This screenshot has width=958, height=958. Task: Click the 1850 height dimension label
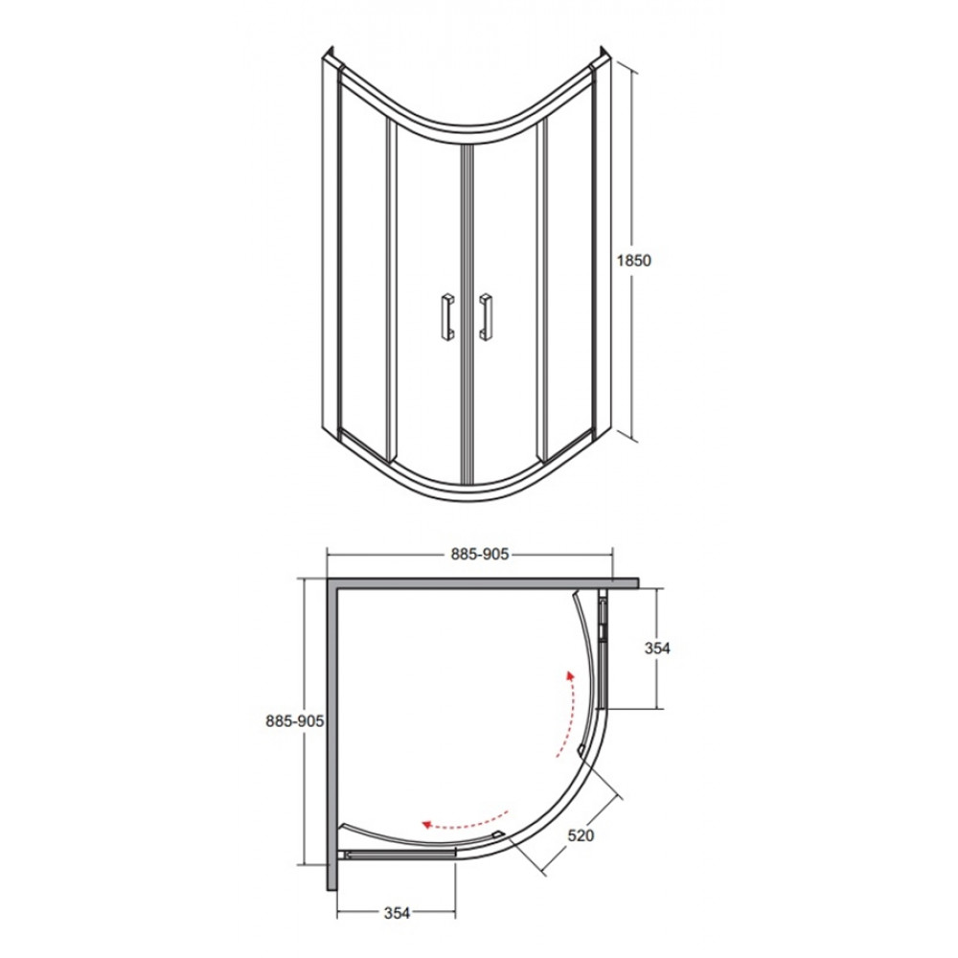[x=633, y=261]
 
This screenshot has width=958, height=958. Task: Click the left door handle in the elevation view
[x=446, y=314]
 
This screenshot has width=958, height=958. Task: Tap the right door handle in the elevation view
[x=486, y=315]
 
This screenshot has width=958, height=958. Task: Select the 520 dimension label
[x=580, y=834]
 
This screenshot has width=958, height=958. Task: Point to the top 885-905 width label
[x=480, y=554]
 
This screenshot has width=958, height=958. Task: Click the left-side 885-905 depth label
[x=294, y=721]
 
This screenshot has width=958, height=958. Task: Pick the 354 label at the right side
[x=657, y=649]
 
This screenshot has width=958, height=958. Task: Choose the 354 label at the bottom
[x=397, y=913]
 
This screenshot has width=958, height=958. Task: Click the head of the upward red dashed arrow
[x=571, y=675]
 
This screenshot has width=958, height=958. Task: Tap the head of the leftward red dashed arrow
[x=427, y=824]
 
